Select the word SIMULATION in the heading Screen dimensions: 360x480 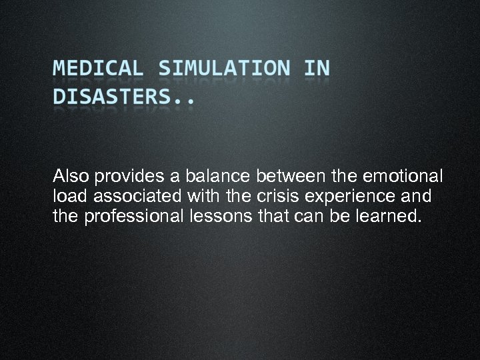tap(225, 69)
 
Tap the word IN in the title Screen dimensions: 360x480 tap(316, 69)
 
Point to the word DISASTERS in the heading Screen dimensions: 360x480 tap(116, 98)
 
